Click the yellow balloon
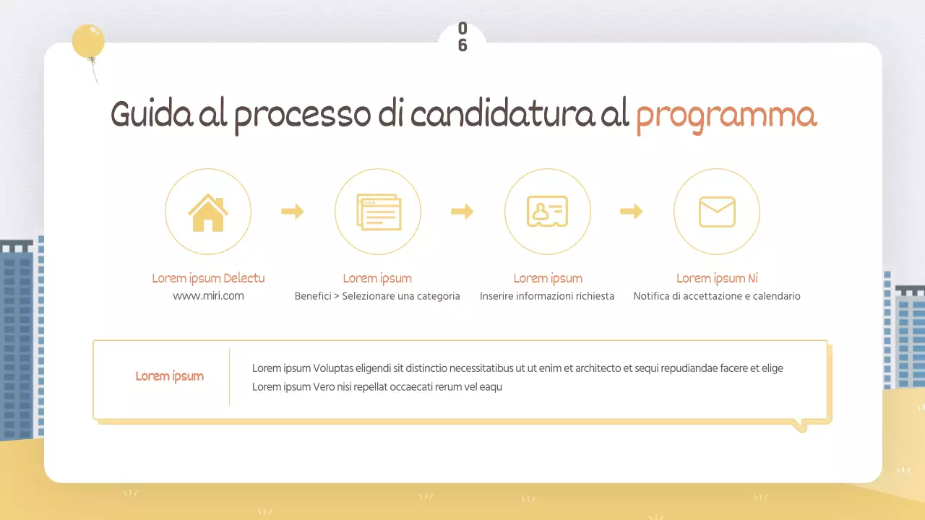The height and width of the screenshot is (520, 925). [88, 41]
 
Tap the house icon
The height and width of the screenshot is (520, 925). [208, 212]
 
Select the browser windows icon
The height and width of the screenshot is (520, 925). [378, 212]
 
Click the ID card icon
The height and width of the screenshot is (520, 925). [547, 212]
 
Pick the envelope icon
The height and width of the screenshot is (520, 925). [717, 212]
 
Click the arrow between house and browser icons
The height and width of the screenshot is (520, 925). [293, 212]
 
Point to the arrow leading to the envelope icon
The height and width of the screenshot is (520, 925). [632, 212]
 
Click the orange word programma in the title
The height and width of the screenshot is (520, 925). [726, 116]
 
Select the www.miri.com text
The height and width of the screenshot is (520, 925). [208, 296]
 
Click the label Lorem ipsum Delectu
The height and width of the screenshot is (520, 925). [208, 278]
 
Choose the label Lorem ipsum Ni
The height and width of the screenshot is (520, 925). [717, 278]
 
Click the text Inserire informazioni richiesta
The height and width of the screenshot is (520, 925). [547, 296]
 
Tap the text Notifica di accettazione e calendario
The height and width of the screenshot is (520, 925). [717, 296]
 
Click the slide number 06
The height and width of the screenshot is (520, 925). [462, 37]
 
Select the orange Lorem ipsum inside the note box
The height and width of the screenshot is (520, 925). [170, 376]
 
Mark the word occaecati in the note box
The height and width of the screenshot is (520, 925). [420, 387]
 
